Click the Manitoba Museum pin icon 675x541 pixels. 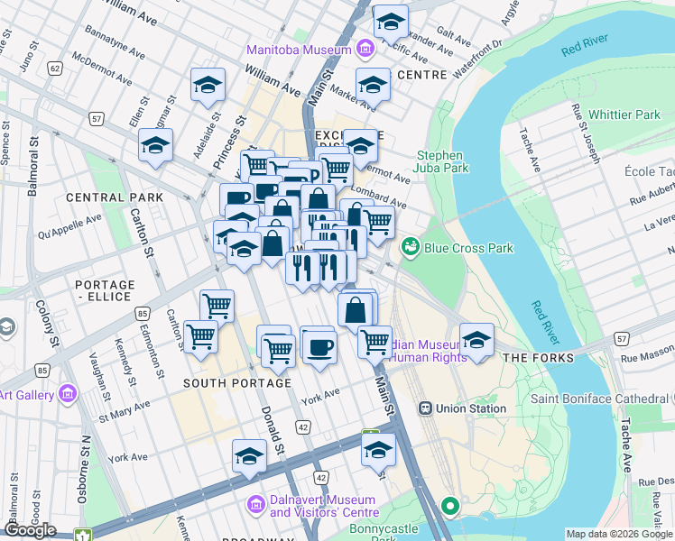click(365, 47)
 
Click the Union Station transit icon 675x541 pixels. click(425, 408)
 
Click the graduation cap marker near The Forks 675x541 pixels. click(476, 340)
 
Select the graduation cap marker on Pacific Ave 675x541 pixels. click(391, 21)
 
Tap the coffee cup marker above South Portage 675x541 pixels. click(318, 346)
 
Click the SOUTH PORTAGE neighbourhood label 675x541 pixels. click(237, 383)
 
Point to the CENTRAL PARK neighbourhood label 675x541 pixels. click(114, 197)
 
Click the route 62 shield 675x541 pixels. click(56, 68)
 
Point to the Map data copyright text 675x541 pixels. click(618, 534)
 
